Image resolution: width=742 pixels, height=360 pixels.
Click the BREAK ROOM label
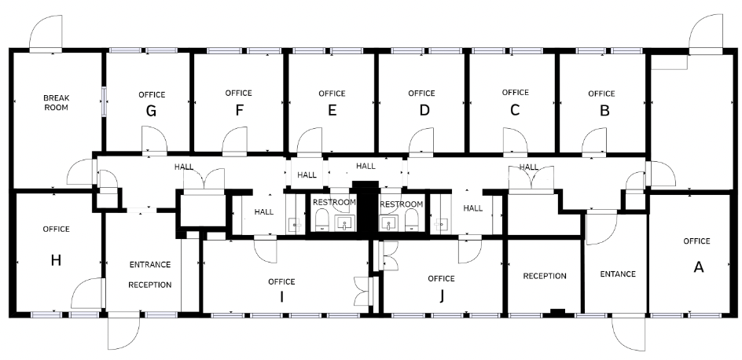pyautogui.click(x=57, y=103)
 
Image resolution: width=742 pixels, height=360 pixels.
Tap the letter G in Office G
pyautogui.click(x=151, y=111)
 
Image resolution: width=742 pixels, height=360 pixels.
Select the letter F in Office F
pyautogui.click(x=240, y=110)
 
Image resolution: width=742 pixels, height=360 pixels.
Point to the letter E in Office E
pyautogui.click(x=332, y=110)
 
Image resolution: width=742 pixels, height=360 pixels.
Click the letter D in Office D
pyautogui.click(x=424, y=110)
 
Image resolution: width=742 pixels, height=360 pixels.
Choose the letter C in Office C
pyautogui.click(x=515, y=110)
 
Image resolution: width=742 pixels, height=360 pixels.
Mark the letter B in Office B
pyautogui.click(x=604, y=111)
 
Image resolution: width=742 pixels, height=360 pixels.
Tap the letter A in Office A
pyautogui.click(x=699, y=267)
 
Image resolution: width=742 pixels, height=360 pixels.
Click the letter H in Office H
pyautogui.click(x=56, y=260)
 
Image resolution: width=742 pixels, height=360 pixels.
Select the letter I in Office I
pyautogui.click(x=281, y=296)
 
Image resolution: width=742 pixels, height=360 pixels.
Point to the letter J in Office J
pyautogui.click(x=442, y=296)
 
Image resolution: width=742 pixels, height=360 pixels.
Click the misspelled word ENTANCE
pyautogui.click(x=618, y=274)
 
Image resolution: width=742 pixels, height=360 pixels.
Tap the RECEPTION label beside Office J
pyautogui.click(x=545, y=276)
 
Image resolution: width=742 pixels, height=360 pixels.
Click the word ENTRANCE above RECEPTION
pyautogui.click(x=150, y=264)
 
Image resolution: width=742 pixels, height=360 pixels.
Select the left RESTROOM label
pyautogui.click(x=334, y=202)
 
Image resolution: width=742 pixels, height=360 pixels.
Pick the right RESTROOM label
pyautogui.click(x=402, y=204)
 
